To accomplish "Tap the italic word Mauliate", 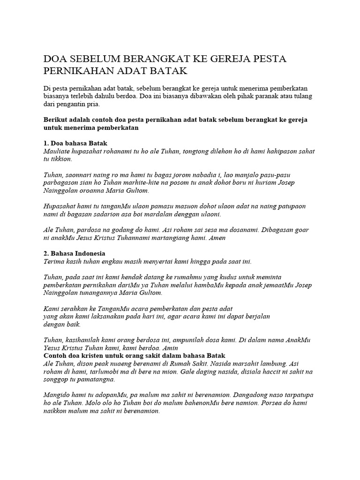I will coord(58,151).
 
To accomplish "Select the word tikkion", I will coord(61,159).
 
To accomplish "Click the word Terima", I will coord(53,261).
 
